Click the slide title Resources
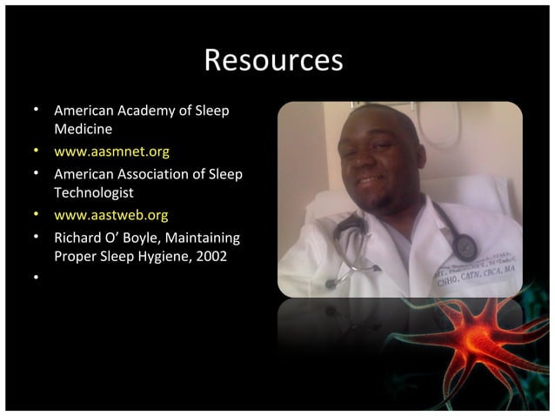click(273, 60)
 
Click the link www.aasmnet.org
click(111, 151)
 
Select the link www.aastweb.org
click(111, 214)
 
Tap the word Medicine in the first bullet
click(83, 129)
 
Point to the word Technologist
click(93, 192)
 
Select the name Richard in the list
click(78, 236)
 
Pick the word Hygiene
click(177, 257)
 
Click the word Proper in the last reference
click(75, 257)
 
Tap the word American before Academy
click(84, 111)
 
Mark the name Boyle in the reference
click(137, 236)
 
